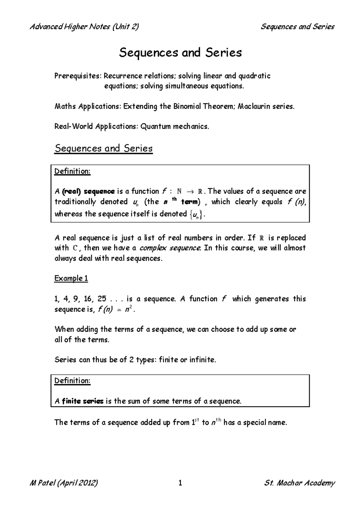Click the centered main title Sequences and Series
pyautogui.click(x=180, y=53)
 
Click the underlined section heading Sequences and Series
pyautogui.click(x=103, y=148)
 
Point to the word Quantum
pyautogui.click(x=155, y=127)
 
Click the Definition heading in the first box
pyautogui.click(x=72, y=171)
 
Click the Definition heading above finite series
pyautogui.click(x=72, y=381)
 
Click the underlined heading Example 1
pyautogui.click(x=71, y=278)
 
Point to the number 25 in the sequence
pyautogui.click(x=102, y=299)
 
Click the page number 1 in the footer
pyautogui.click(x=180, y=483)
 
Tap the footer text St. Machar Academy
pyautogui.click(x=299, y=483)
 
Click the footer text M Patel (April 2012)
pyautogui.click(x=64, y=483)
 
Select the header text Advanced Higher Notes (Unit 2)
pyautogui.click(x=84, y=27)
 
